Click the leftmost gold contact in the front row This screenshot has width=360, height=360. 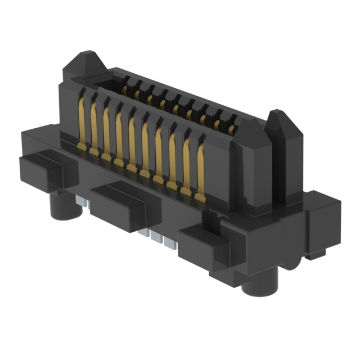[82, 121]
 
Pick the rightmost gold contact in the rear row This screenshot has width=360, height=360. [231, 130]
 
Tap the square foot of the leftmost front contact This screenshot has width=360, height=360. [81, 147]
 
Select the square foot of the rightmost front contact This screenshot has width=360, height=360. [200, 197]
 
